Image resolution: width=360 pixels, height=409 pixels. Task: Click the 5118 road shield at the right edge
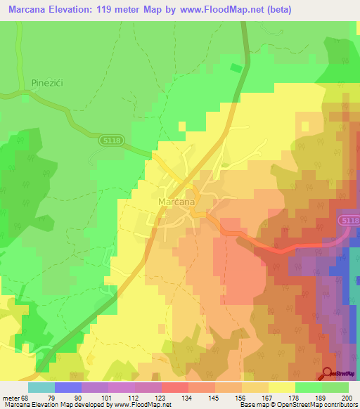point(349,221)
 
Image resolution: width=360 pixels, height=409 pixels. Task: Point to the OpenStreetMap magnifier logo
point(328,374)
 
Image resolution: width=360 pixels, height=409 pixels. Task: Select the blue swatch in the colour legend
point(68,387)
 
